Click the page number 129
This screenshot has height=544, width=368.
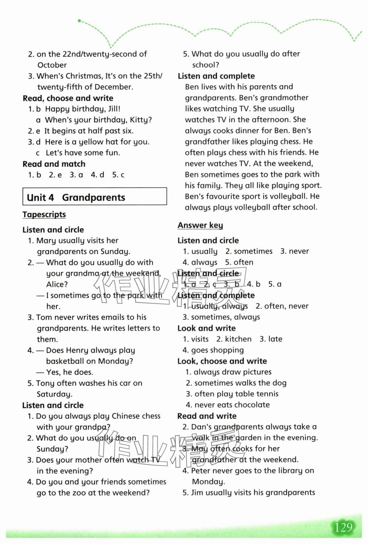[x=344, y=527]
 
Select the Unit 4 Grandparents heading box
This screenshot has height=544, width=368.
[x=95, y=197]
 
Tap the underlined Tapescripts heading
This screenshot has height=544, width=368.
[x=44, y=215]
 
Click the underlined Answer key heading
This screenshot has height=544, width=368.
[x=200, y=225]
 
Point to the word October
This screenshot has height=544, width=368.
[x=52, y=65]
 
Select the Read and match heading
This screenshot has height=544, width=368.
[x=54, y=164]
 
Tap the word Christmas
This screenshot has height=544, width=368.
[x=83, y=76]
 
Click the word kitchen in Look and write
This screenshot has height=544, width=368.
[x=238, y=339]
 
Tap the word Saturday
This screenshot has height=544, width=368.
[x=54, y=394]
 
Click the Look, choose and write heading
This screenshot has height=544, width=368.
[x=222, y=361]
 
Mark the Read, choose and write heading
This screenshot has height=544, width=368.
[x=68, y=98]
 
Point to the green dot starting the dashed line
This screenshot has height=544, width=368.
[x=79, y=21]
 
